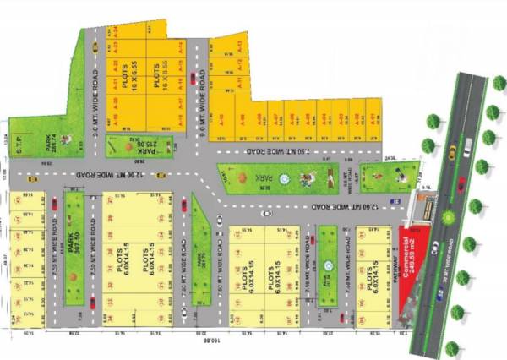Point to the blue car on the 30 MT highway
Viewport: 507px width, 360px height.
pos(440,295)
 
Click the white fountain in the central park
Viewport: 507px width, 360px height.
pos(284,178)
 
